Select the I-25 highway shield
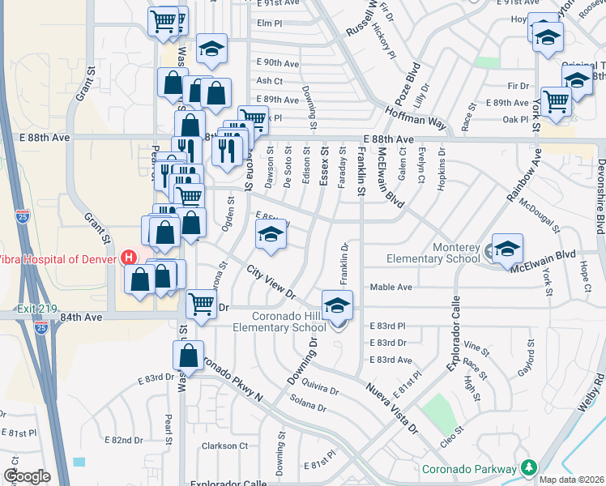pyautogui.click(x=22, y=216)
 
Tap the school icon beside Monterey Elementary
pyautogui.click(x=507, y=248)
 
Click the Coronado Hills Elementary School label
pyautogui.click(x=279, y=322)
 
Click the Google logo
pyautogui.click(x=27, y=476)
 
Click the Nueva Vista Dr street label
pyautogui.click(x=389, y=408)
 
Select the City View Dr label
pyautogui.click(x=270, y=283)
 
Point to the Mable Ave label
pyautogui.click(x=391, y=288)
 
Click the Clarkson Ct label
pyautogui.click(x=224, y=446)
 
